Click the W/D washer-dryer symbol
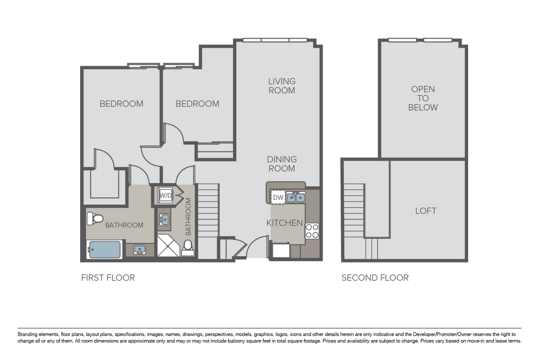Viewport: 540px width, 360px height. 165,195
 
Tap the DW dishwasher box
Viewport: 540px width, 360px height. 278,197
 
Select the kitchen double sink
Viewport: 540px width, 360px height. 296,197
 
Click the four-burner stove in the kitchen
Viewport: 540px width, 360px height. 312,231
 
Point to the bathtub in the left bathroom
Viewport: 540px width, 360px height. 104,249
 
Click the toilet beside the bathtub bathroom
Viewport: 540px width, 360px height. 95,219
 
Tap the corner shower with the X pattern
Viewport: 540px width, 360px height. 168,246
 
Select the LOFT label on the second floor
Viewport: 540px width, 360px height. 425,211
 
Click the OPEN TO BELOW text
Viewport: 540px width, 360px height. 423,98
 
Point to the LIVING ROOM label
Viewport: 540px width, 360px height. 282,86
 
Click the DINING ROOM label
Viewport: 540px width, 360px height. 282,164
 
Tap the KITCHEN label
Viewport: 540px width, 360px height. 284,223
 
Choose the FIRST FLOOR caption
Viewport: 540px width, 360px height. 108,278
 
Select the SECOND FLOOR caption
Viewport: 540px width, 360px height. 375,278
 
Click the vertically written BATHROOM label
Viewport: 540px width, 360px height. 188,217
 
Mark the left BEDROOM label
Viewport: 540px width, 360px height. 121,104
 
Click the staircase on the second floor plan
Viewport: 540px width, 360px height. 354,211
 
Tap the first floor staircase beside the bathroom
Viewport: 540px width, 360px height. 208,210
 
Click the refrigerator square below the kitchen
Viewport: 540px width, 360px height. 281,250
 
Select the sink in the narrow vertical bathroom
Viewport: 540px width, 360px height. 164,220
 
